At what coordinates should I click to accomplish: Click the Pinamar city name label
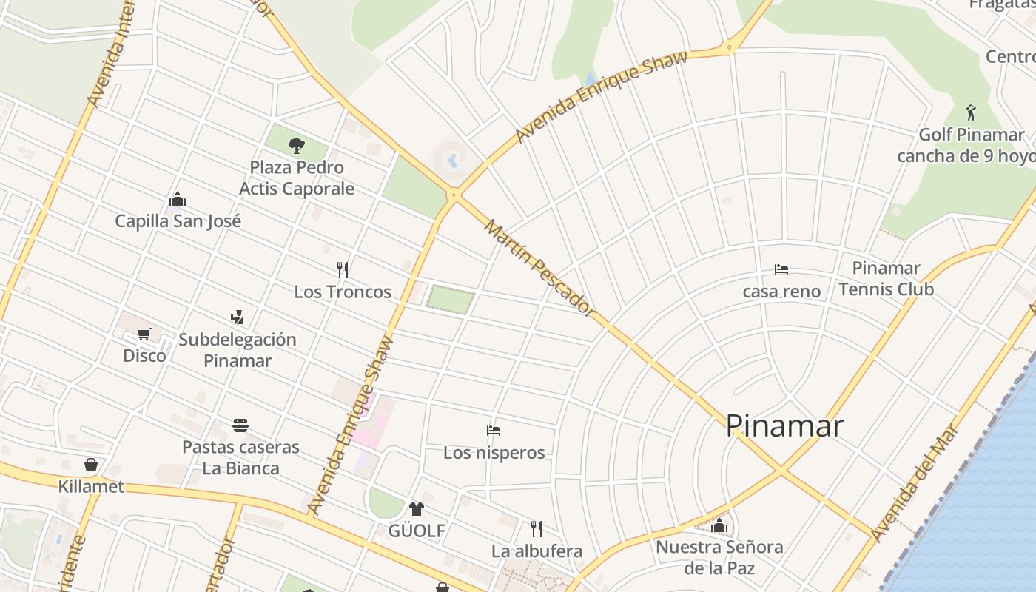click(x=784, y=425)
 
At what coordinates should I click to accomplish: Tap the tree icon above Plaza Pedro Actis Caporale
click(x=297, y=145)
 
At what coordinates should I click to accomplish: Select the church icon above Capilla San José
click(x=178, y=199)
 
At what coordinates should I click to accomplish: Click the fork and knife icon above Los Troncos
click(x=343, y=269)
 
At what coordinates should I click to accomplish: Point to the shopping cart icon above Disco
click(x=144, y=334)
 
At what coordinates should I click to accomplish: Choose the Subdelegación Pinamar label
click(x=238, y=350)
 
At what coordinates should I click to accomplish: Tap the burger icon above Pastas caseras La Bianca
click(x=240, y=425)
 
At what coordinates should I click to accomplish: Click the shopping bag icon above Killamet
click(x=91, y=465)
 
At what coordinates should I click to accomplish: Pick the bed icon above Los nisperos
click(x=494, y=430)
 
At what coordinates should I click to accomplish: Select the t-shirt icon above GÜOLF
click(x=417, y=509)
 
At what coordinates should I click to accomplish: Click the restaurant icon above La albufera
click(x=536, y=528)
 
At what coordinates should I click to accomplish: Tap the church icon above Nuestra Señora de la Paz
click(x=719, y=526)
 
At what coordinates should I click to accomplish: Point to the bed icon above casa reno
click(x=781, y=269)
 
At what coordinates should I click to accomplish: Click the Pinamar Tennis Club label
click(x=886, y=278)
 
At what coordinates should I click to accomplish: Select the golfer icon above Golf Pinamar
click(x=972, y=112)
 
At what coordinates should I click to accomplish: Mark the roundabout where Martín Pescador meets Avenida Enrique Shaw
click(x=454, y=195)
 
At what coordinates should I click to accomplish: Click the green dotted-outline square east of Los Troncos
click(x=450, y=300)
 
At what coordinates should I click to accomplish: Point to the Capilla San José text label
click(x=178, y=221)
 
